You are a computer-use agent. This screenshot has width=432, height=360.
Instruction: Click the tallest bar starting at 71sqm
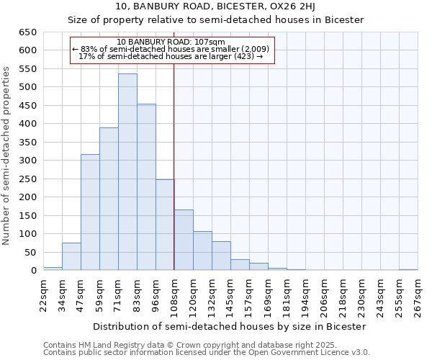coord(127,172)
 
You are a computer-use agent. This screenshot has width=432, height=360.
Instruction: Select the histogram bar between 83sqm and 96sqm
coord(146,187)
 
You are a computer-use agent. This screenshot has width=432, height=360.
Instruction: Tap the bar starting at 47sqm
coord(90,212)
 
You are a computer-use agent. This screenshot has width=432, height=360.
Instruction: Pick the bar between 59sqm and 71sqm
coord(109,199)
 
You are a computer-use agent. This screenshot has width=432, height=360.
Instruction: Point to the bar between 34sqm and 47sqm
coord(71,256)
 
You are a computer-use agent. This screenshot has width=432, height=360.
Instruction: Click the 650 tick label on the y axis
coord(27,32)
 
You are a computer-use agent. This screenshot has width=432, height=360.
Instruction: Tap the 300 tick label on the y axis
coord(27,161)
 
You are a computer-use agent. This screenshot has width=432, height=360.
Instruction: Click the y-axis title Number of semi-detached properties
coord(6,155)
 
